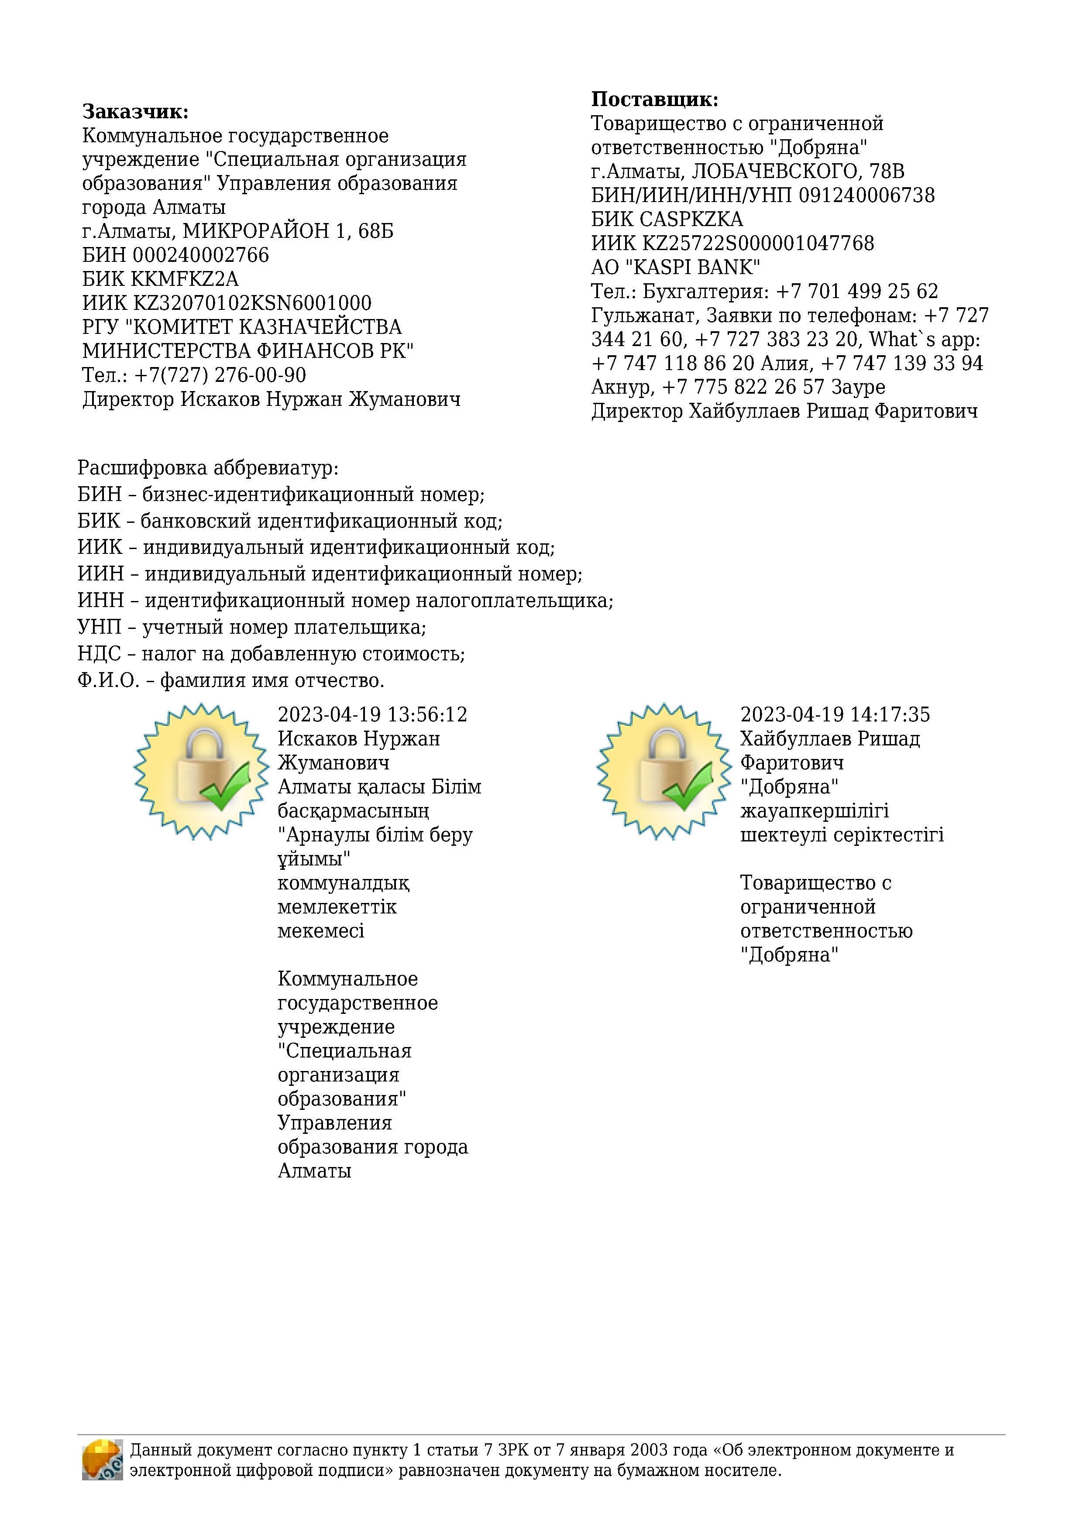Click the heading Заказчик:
click(135, 111)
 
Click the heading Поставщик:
click(654, 100)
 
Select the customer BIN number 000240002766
click(201, 255)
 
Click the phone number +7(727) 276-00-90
click(220, 375)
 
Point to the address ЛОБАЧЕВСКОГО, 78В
click(798, 172)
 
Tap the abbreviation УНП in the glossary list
click(100, 627)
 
